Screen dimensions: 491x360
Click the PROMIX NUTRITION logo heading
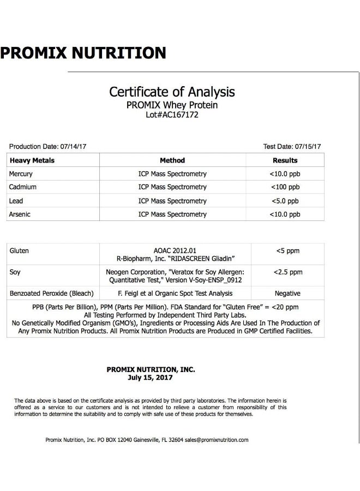click(x=83, y=53)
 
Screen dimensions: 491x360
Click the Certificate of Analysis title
click(x=172, y=91)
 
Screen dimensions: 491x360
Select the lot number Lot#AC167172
click(x=172, y=115)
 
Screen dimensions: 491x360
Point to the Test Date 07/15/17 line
click(x=292, y=147)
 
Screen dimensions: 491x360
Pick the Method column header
click(x=172, y=160)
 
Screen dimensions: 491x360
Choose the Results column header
click(x=285, y=160)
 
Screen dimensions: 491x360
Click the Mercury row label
click(x=21, y=174)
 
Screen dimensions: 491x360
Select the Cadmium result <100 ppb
click(x=285, y=187)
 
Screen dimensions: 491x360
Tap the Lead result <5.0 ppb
click(x=285, y=201)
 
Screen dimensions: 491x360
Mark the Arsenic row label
click(x=20, y=214)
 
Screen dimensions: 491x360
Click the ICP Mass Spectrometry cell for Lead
click(x=172, y=201)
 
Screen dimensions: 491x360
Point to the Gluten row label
click(x=19, y=251)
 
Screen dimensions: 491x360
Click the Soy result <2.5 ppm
click(x=287, y=272)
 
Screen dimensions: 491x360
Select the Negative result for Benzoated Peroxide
click(x=287, y=294)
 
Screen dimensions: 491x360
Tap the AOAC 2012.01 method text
click(x=172, y=251)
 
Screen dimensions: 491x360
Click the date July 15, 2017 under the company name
click(x=151, y=377)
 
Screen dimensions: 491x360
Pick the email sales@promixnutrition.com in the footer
click(x=217, y=440)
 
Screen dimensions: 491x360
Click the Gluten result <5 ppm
click(x=287, y=251)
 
